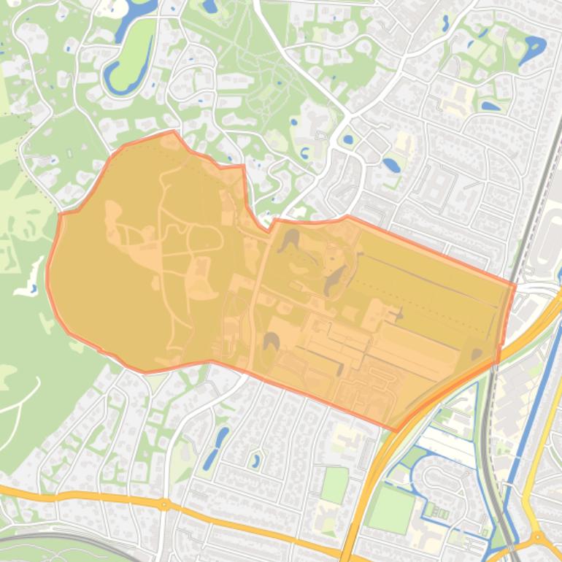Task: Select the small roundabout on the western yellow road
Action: [164, 504]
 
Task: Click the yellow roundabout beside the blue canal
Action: [538, 538]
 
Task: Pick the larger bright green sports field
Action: [391, 509]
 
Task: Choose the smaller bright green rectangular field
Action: [334, 485]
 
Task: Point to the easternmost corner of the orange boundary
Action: [515, 286]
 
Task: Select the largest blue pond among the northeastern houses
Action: [532, 48]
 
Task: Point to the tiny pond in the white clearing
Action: [34, 289]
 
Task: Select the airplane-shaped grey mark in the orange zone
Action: [399, 315]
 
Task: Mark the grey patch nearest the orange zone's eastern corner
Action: [477, 355]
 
